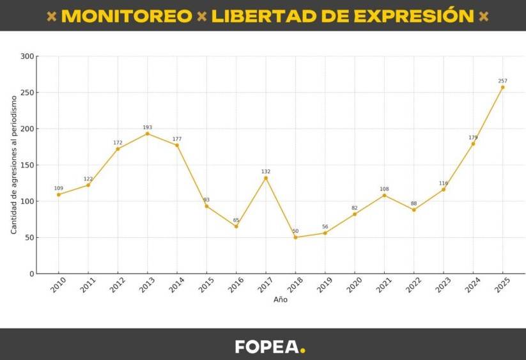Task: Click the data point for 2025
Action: [x=502, y=87]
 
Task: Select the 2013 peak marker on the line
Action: [x=147, y=134]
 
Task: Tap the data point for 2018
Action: [x=295, y=237]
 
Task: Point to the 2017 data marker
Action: [x=266, y=178]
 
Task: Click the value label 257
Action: [x=502, y=81]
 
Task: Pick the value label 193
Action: [x=147, y=127]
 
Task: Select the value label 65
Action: [x=236, y=220]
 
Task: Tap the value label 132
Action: [x=266, y=171]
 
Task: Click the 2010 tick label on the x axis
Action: [x=57, y=285]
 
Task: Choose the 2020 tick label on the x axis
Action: [x=353, y=285]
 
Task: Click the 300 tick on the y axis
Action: [x=27, y=56]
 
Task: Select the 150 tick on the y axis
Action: [x=27, y=165]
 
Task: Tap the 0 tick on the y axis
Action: [x=31, y=274]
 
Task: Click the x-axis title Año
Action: [x=281, y=299]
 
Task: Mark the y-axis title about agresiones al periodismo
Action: [x=14, y=165]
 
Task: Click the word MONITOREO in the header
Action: [x=127, y=16]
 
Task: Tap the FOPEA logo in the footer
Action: [x=267, y=347]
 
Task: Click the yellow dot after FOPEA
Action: [x=303, y=350]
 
